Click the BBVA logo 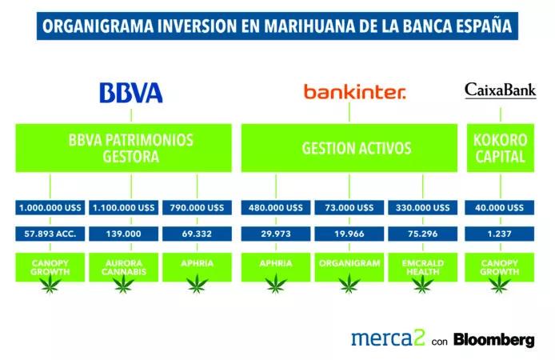tap(130, 92)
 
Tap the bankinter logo tap(354, 93)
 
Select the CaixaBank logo tap(501, 90)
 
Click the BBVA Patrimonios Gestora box tap(124, 148)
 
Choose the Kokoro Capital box tap(501, 148)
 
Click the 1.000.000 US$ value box tap(50, 208)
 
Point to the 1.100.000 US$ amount tap(124, 208)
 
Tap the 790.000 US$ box tap(197, 208)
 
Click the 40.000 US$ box tap(501, 208)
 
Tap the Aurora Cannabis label tap(124, 266)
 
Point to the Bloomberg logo tap(494, 339)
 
